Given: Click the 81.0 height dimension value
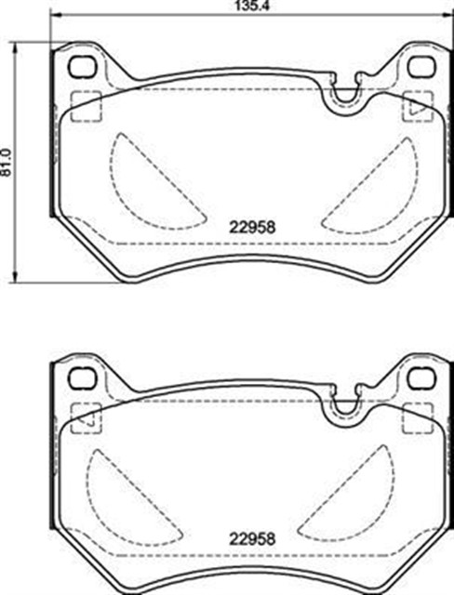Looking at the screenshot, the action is (6, 162).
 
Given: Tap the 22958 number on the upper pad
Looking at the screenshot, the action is (252, 227).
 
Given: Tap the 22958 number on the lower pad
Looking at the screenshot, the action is (252, 539).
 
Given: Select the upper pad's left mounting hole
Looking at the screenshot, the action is (81, 66).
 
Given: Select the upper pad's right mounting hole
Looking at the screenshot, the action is (421, 66).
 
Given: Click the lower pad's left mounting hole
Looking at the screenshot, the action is (81, 378).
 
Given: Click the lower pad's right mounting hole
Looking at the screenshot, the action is (421, 378).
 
